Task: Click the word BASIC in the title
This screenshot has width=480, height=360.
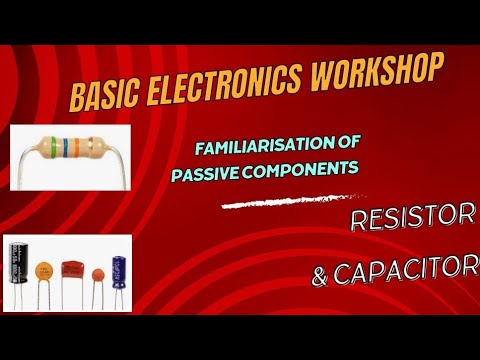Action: point(105,97)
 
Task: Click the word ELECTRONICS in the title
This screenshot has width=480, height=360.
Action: point(230,84)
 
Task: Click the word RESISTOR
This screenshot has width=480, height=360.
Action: point(411,221)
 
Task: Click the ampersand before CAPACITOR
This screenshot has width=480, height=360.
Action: point(322,277)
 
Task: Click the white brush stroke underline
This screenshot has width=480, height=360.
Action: point(291,203)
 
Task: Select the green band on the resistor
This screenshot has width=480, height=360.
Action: point(63,150)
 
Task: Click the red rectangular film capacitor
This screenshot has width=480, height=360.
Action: point(70,270)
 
